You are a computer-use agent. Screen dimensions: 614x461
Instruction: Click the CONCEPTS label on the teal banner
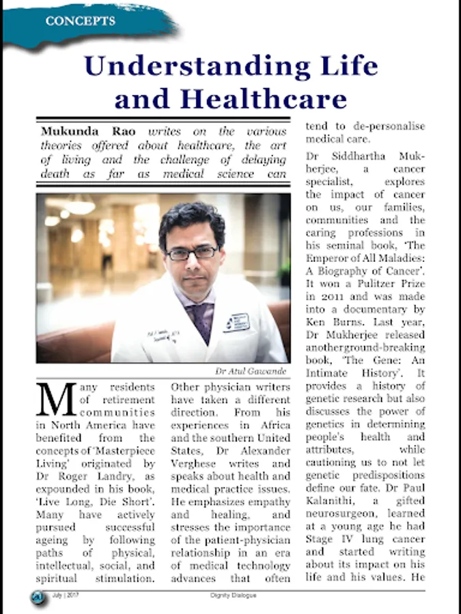pyautogui.click(x=80, y=21)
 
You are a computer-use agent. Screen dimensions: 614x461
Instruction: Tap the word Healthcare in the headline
pyautogui.click(x=264, y=100)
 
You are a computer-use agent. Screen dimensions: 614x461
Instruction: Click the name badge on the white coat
pyautogui.click(x=235, y=322)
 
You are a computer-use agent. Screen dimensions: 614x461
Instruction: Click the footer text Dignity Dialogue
pyautogui.click(x=232, y=596)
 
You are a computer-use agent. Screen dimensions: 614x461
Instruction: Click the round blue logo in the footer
pyautogui.click(x=38, y=597)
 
